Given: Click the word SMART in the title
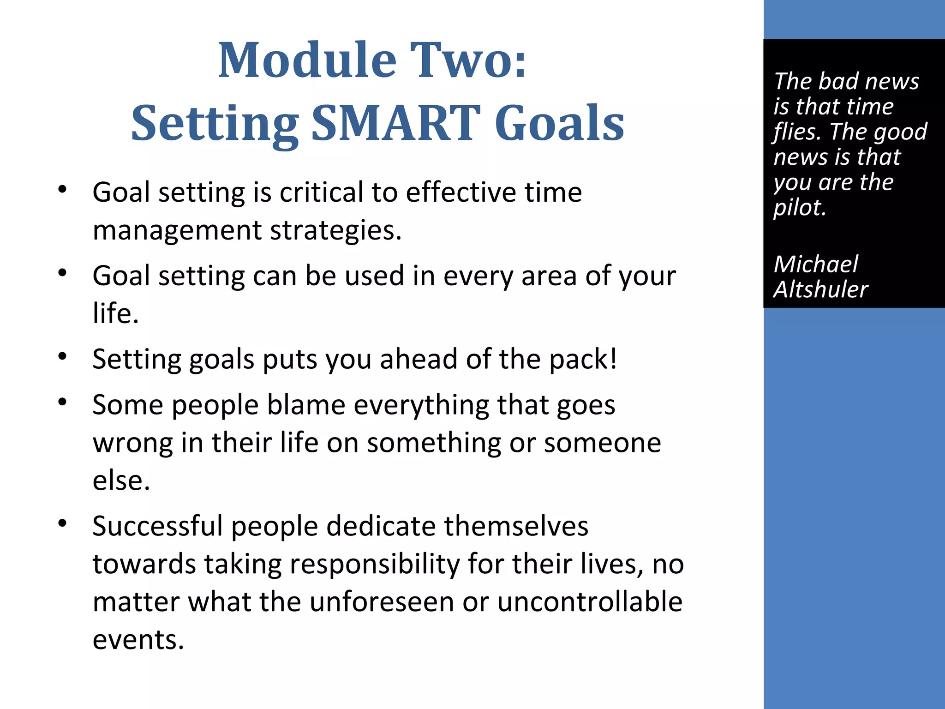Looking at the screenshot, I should tap(396, 123).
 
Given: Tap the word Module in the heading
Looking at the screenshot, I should tap(307, 60).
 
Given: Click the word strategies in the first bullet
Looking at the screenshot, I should tap(335, 230).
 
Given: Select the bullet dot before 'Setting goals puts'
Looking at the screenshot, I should tap(63, 356).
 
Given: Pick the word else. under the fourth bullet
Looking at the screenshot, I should tap(121, 481).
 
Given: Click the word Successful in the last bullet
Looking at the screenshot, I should tap(157, 526).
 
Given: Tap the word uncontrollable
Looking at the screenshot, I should tap(589, 602).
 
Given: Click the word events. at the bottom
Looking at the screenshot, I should tap(138, 640).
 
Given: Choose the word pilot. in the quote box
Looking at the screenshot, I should tap(799, 208).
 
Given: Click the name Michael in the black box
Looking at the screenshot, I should tap(816, 264).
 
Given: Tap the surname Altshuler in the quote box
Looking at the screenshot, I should tap(820, 290).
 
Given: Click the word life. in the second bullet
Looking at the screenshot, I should tap(115, 314).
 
